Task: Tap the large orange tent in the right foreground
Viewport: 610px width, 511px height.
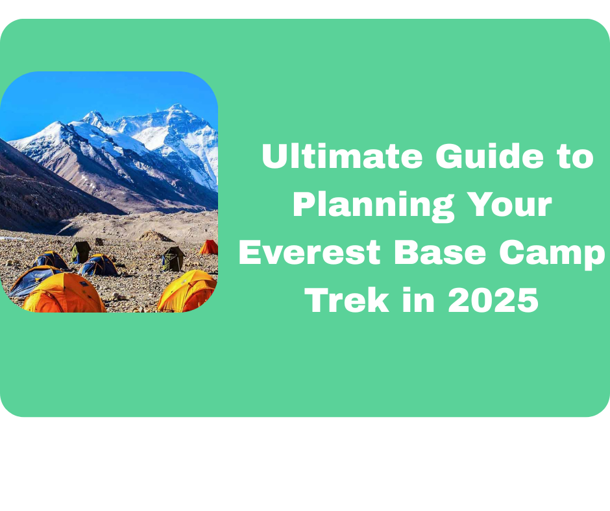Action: pyautogui.click(x=186, y=291)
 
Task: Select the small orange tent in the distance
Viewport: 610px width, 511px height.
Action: pyautogui.click(x=208, y=247)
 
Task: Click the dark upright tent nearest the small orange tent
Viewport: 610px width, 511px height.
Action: pyautogui.click(x=173, y=259)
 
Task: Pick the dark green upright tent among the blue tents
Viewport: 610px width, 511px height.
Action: pyautogui.click(x=80, y=252)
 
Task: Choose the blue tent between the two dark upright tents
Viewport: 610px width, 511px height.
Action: pyautogui.click(x=99, y=265)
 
